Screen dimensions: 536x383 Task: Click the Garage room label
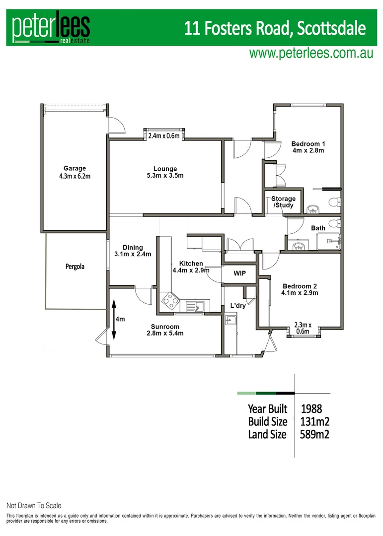pyautogui.click(x=74, y=168)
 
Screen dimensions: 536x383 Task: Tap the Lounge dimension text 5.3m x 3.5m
pyautogui.click(x=165, y=176)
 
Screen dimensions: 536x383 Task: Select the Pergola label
pyautogui.click(x=75, y=267)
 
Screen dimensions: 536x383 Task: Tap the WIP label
pyautogui.click(x=240, y=273)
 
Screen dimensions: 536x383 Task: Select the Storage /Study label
pyautogui.click(x=283, y=202)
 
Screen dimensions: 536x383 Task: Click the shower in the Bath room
pyautogui.click(x=328, y=243)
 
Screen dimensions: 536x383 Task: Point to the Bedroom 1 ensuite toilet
pyautogui.click(x=336, y=201)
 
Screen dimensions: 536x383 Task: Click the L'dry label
pyautogui.click(x=238, y=306)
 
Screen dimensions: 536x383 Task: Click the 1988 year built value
pyautogui.click(x=311, y=409)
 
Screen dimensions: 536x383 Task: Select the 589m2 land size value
pyautogui.click(x=315, y=435)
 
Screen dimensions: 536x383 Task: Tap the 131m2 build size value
pyautogui.click(x=315, y=422)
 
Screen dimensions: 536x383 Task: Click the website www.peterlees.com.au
pyautogui.click(x=311, y=54)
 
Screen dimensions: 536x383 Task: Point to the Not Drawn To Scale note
pyautogui.click(x=34, y=506)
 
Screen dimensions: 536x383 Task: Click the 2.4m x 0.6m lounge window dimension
pyautogui.click(x=164, y=135)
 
